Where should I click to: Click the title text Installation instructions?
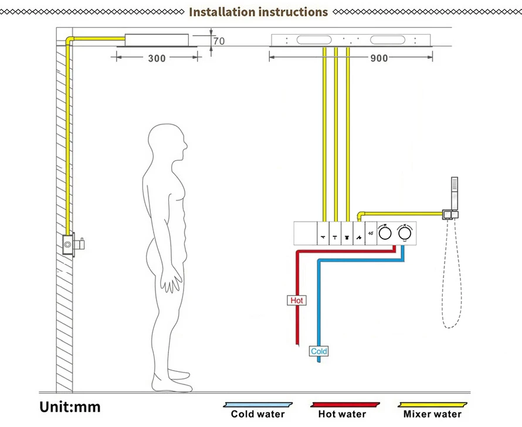click(258, 12)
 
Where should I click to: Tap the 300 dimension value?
click(157, 58)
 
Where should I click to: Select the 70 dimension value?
click(219, 41)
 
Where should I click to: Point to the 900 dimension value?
click(379, 58)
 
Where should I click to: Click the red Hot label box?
click(297, 300)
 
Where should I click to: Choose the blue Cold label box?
click(319, 351)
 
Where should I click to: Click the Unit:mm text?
click(70, 406)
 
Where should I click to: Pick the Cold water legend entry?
click(257, 414)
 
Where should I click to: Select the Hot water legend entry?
click(342, 414)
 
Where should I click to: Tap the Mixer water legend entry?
click(432, 414)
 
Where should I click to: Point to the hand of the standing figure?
click(171, 281)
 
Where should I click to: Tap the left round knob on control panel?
click(384, 233)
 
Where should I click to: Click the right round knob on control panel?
click(404, 233)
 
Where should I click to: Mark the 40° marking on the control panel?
click(371, 233)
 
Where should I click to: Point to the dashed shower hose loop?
click(453, 282)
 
